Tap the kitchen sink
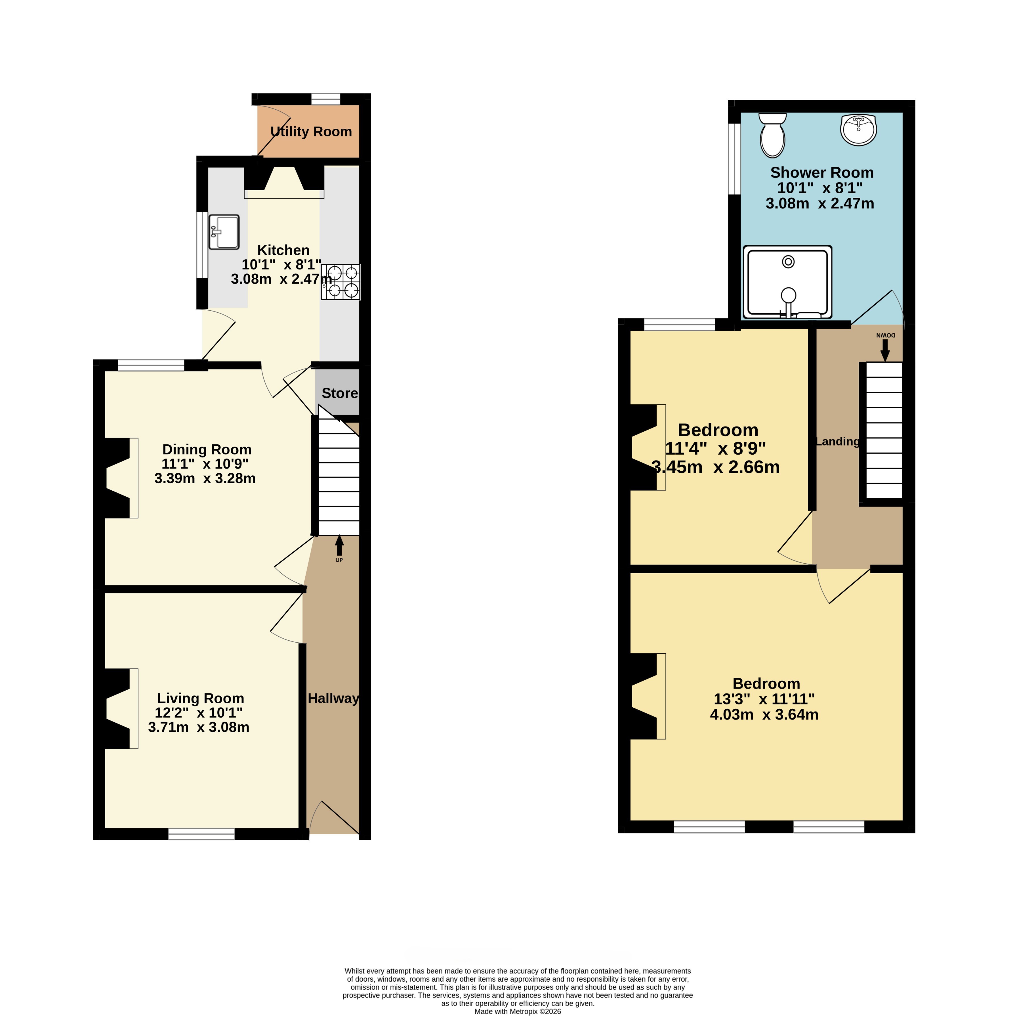224,232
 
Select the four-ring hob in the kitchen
341,282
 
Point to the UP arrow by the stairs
339,545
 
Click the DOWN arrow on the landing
885,350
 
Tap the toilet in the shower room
772,135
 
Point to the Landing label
837,442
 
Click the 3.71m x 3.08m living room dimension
199,727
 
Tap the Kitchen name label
283,250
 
